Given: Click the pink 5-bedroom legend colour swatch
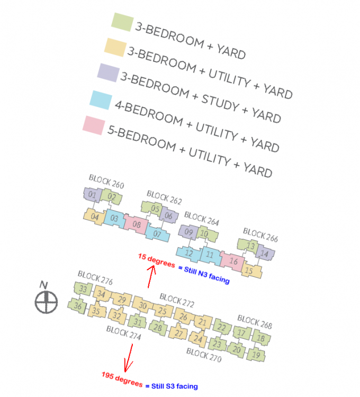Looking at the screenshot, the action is pos(94,125).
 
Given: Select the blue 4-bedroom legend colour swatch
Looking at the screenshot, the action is pos(101,100).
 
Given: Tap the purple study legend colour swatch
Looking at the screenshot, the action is pos(109,73).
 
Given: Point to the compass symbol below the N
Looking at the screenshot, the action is pos(46,302).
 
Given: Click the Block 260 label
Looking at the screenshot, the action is pos(106,181).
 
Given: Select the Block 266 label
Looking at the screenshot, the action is pos(260,234).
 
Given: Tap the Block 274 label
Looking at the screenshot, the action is pos(123,332).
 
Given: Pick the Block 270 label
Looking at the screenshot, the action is pos(204,355).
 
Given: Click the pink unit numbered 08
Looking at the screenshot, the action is pos(136,224).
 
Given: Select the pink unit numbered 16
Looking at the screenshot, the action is pos(232,260).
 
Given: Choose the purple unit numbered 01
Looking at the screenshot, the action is pos(93,194).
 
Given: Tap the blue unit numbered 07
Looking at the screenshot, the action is pos(157,233).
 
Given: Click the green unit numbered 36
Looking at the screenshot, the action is pos(77,305).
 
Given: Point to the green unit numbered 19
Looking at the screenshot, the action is pos(256,355).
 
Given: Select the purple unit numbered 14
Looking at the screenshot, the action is pos(265,253).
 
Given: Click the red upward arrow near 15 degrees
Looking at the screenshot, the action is pos(151,276).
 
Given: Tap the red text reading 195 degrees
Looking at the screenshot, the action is pos(122,379).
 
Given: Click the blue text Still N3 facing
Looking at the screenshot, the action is pos(204,275).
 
